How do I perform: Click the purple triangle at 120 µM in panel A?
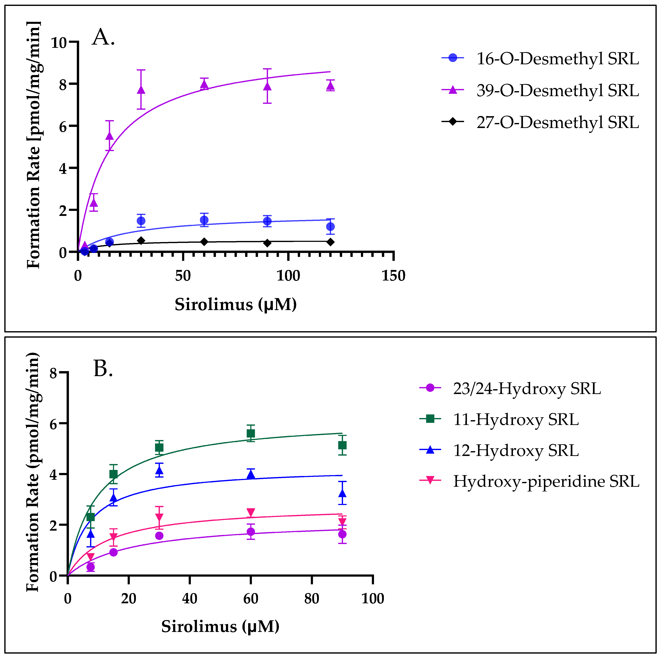pyautogui.click(x=330, y=86)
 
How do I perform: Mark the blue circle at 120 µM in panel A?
pyautogui.click(x=330, y=226)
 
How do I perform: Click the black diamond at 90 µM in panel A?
pyautogui.click(x=267, y=243)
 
